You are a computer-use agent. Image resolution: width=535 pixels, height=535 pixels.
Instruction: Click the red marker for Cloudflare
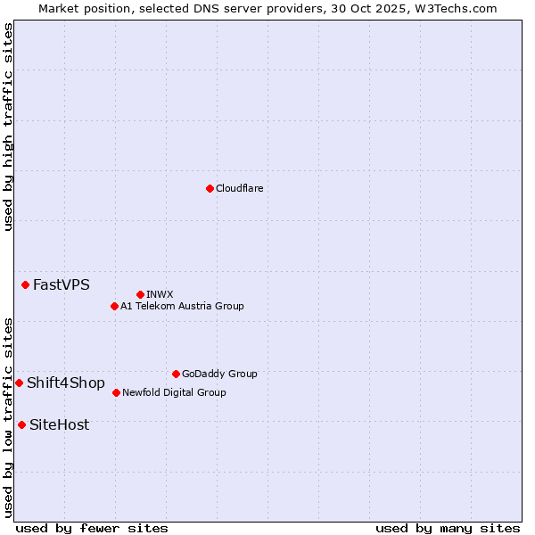(210, 188)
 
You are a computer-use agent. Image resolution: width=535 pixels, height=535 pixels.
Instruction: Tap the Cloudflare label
(239, 188)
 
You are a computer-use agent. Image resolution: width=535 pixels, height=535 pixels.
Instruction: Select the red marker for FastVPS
(25, 284)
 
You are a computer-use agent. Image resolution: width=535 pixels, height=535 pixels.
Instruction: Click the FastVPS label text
(61, 285)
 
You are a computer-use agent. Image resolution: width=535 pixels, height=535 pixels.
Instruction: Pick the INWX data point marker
(140, 294)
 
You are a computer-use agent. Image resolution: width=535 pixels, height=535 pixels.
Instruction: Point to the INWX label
(160, 294)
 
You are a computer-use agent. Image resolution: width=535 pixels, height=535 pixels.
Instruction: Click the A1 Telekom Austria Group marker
(114, 306)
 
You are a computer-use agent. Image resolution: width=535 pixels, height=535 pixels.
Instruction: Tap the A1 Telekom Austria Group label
(182, 306)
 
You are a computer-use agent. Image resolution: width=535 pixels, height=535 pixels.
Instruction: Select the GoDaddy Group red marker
(176, 374)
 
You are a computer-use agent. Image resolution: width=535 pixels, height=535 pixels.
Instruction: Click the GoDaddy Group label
(219, 374)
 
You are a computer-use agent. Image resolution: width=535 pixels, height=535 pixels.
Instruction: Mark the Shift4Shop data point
(19, 383)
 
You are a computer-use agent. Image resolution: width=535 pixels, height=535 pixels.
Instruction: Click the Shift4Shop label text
(65, 383)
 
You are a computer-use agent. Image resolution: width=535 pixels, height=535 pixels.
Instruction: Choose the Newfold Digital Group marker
(116, 392)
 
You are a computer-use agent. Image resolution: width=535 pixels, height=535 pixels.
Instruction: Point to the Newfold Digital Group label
(174, 392)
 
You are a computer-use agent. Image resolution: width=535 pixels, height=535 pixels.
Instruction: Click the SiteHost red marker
(21, 424)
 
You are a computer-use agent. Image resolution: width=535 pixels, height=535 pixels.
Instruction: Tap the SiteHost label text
(59, 425)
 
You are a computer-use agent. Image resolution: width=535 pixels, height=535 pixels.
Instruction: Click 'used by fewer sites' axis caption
(92, 528)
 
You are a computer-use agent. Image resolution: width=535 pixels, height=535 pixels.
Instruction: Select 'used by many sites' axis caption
(448, 528)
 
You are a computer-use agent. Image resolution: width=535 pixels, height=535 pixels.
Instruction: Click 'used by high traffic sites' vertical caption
(8, 127)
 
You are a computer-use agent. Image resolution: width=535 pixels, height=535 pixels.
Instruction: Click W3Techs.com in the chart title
(453, 8)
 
